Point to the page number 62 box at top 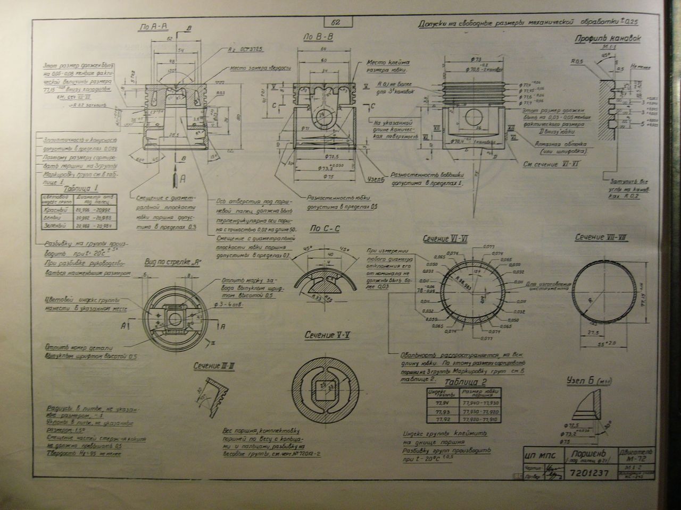[336, 22]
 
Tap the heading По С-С [325, 228]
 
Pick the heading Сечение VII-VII [601, 237]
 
